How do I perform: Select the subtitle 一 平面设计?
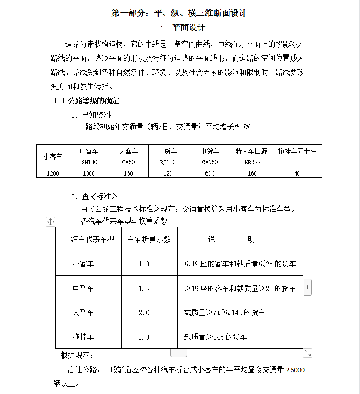pos(180,28)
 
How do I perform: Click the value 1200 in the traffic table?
pos(53,173)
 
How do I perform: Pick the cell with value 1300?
pos(89,173)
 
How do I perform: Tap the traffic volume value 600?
pos(210,173)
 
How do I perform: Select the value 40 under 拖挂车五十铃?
pos(297,173)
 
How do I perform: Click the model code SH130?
pos(89,162)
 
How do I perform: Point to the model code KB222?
pos(252,162)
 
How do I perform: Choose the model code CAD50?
pos(210,162)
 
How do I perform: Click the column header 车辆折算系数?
pos(149,239)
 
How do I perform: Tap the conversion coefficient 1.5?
pos(144,288)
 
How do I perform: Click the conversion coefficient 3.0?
pos(144,337)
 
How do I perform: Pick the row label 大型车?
pos(83,313)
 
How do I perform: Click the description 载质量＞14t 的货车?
pos(215,337)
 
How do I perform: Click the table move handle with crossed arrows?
pos(51,222)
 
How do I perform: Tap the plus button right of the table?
pos(308,287)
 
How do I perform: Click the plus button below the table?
pos(179,353)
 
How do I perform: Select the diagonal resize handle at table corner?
pos(308,353)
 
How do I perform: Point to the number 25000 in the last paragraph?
pos(295,370)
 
